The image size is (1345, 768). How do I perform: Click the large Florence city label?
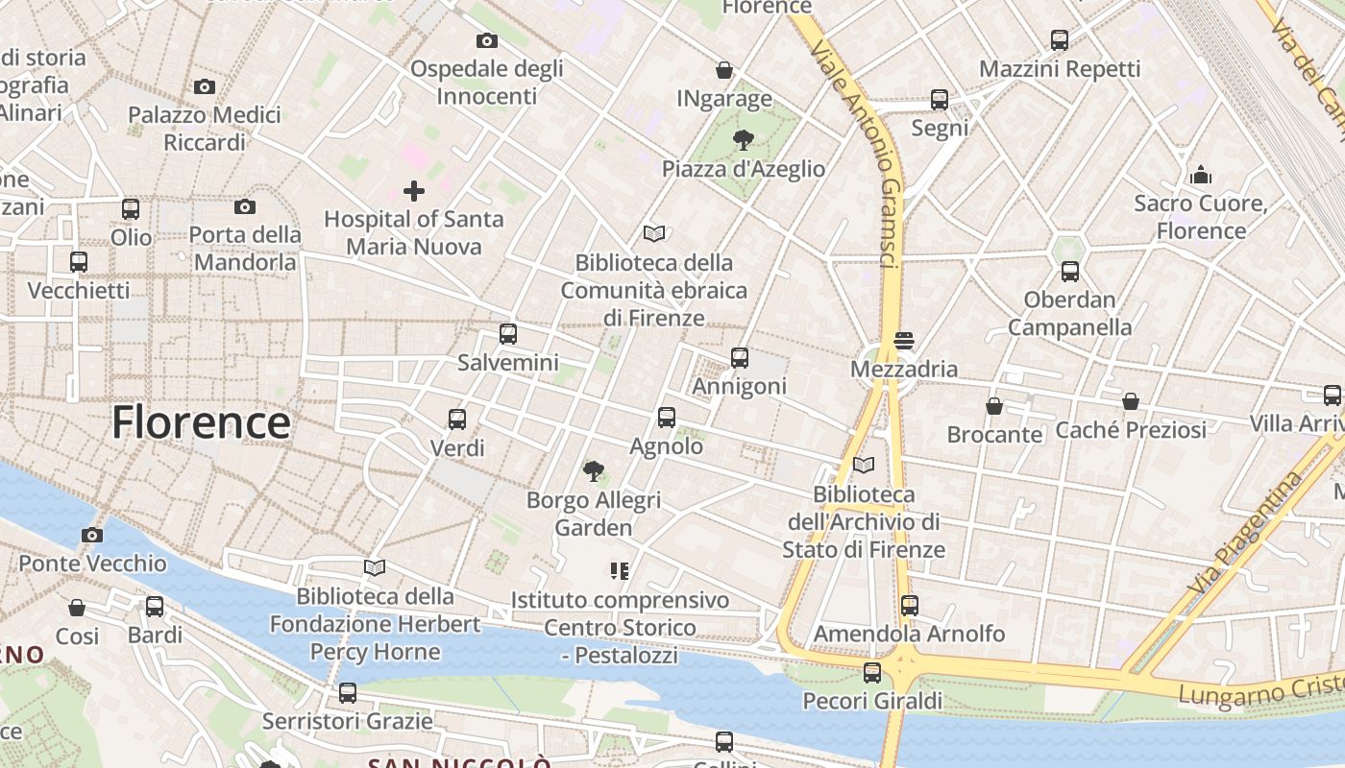201,422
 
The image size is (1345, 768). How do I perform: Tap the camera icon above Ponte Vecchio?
92,535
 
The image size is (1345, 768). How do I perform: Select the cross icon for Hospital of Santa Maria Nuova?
414,191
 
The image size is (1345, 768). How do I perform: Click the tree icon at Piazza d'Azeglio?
743,140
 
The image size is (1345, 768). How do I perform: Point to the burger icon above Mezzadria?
903,341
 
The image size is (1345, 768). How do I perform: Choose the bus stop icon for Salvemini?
508,334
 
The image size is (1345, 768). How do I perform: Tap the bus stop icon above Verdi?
457,420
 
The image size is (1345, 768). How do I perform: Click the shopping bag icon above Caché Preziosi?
1131,401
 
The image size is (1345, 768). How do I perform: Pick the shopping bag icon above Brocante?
994,406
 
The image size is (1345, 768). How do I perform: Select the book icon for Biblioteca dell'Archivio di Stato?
864,466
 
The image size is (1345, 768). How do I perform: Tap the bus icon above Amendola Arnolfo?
909,606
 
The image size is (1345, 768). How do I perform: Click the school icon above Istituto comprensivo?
620,571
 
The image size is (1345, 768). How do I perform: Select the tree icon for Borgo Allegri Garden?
594,471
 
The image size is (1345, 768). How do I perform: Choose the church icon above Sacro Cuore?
1201,175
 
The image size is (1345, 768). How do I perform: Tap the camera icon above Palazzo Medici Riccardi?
205,87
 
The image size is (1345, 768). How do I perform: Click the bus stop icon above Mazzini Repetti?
1060,40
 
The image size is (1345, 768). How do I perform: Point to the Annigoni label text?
740,386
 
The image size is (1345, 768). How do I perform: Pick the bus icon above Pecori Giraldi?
872,673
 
